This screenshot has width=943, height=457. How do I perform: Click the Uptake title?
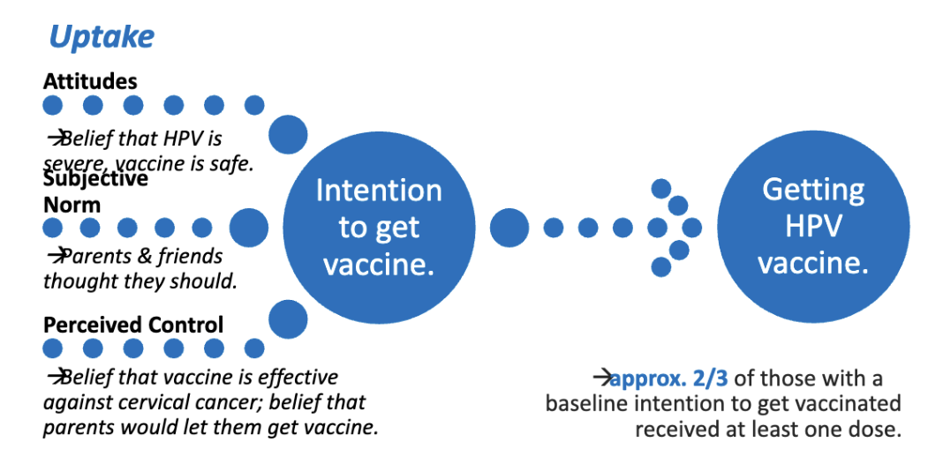pos(102,37)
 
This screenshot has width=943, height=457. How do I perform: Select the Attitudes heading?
pos(90,81)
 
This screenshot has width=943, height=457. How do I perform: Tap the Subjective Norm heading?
pos(95,191)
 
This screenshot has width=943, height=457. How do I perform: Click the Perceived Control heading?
pos(133,324)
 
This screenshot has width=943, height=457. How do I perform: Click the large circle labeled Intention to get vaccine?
pos(379,227)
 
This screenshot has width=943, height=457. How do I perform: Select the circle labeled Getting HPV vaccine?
pos(812,226)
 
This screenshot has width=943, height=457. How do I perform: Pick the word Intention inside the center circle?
pos(379,191)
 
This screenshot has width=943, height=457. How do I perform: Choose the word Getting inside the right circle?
pos(813,189)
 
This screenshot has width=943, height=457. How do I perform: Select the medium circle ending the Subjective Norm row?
pos(249,228)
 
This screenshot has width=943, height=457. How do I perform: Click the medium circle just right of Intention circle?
pos(509,228)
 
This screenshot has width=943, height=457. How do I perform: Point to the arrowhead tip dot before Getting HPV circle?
pos(692,228)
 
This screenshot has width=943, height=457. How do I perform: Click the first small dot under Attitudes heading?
pos(53,106)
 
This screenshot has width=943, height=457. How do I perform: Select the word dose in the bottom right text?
pos(878,429)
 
